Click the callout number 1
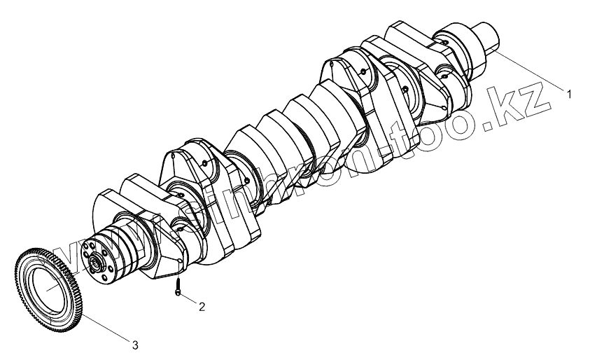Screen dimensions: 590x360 (569, 94)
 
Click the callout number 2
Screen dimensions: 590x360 (202, 307)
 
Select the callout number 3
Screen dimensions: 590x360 (135, 345)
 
